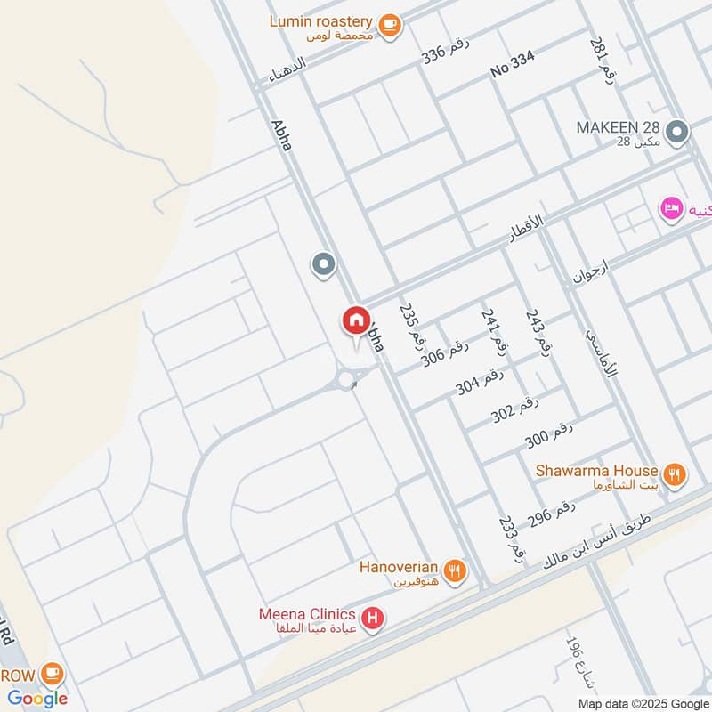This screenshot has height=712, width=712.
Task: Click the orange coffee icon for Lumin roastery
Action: [389, 26]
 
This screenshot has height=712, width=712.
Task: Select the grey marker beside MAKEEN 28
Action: [677, 133]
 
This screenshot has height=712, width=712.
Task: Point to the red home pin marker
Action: [356, 320]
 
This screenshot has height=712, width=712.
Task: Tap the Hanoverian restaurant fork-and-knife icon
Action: [455, 570]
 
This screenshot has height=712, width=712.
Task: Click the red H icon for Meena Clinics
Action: [372, 616]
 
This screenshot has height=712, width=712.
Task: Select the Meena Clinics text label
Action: [307, 615]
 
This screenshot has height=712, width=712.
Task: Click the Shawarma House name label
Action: [596, 470]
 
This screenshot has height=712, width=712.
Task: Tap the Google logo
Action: [38, 699]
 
